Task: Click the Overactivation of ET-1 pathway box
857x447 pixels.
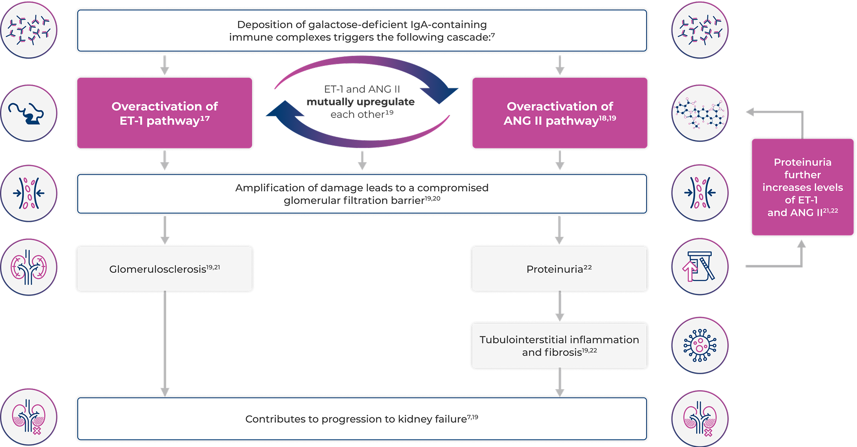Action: click(x=165, y=113)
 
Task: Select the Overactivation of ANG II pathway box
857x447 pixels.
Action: click(x=560, y=113)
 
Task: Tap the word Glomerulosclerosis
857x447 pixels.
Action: click(x=157, y=269)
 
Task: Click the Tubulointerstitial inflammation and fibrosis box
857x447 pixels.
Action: click(x=559, y=346)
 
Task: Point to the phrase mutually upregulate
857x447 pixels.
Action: click(x=360, y=102)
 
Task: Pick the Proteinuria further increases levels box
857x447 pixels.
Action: click(x=802, y=187)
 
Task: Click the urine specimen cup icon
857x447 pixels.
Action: click(x=700, y=266)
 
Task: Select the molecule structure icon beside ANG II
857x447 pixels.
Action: click(x=700, y=113)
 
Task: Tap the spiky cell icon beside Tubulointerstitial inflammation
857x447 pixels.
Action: click(x=700, y=346)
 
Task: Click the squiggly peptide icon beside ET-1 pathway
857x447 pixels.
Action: click(x=29, y=113)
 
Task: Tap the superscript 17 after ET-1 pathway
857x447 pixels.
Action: click(x=205, y=118)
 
